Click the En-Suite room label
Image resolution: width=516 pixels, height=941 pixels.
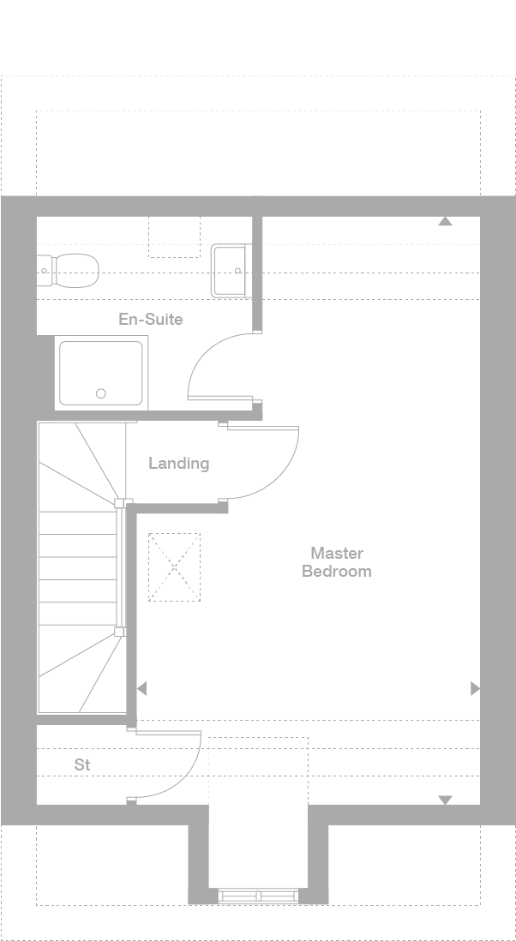(151, 320)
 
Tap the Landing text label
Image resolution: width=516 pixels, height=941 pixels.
(179, 464)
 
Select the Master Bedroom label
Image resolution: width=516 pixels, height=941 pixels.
(337, 561)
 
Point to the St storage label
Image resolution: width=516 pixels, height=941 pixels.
(82, 764)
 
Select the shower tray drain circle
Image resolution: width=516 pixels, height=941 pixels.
(101, 393)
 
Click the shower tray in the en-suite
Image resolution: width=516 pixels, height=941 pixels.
(101, 374)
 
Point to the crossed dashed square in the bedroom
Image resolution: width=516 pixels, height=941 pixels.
(175, 567)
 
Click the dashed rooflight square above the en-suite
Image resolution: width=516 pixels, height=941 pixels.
(175, 237)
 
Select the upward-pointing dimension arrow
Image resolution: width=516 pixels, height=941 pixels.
(445, 221)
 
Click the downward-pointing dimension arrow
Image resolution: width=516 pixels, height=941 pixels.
(445, 800)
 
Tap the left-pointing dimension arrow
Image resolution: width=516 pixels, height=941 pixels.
(141, 688)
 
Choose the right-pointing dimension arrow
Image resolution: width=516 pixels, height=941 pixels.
(475, 688)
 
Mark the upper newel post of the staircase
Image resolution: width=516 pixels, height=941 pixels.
(120, 503)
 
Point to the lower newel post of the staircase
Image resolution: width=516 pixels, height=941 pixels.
(120, 632)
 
